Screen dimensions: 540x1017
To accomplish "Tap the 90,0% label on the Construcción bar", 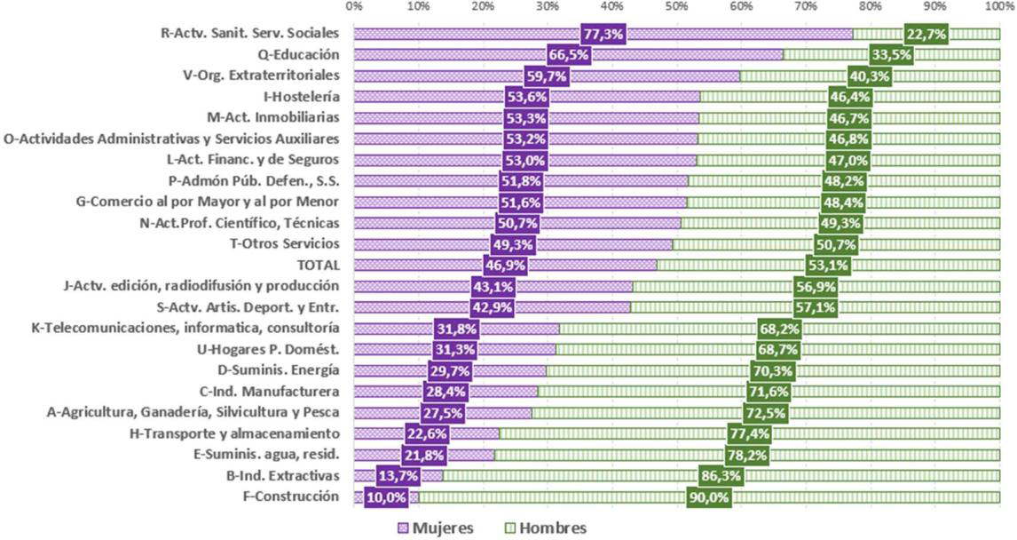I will click(708, 497).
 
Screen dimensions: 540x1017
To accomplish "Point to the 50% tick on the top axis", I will click(676, 7).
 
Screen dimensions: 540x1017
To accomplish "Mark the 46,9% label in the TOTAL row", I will click(506, 266).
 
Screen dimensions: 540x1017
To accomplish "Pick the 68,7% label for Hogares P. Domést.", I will click(779, 350).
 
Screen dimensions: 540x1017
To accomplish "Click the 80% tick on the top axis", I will click(871, 7).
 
